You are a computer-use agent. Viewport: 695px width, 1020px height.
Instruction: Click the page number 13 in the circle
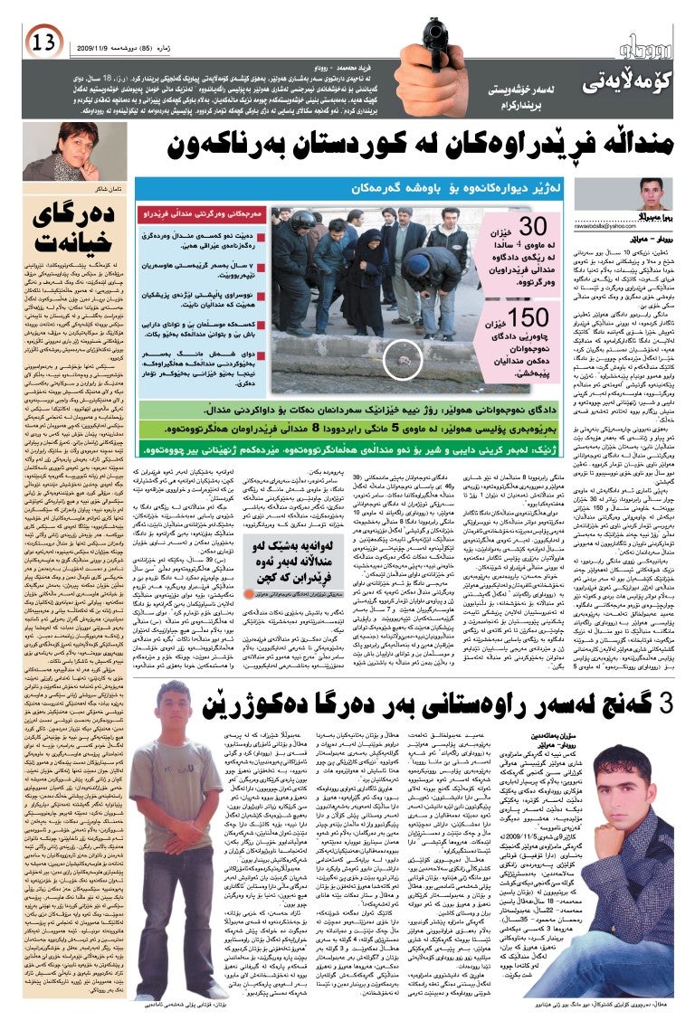pos(43,41)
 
